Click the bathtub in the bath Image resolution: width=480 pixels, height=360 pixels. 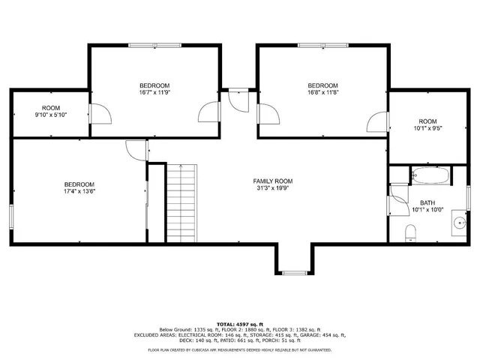(x=431, y=177)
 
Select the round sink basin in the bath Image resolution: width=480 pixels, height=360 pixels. (x=458, y=223)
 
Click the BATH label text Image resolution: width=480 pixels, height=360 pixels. (x=427, y=202)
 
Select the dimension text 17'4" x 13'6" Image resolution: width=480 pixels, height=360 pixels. (x=79, y=192)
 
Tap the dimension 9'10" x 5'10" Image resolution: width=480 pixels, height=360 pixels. (x=51, y=115)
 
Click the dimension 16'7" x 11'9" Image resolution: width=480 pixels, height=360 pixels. (x=155, y=92)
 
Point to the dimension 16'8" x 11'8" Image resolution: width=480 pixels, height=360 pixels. (x=323, y=92)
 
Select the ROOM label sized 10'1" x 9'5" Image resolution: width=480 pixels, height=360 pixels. (x=427, y=121)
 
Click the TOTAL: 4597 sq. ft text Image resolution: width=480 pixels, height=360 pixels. (x=240, y=322)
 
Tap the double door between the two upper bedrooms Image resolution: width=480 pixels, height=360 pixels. (x=238, y=101)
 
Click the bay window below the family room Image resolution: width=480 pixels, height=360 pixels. (x=293, y=270)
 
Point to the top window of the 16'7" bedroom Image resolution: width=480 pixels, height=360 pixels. (x=154, y=46)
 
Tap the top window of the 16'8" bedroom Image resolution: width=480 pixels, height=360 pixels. (x=323, y=46)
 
